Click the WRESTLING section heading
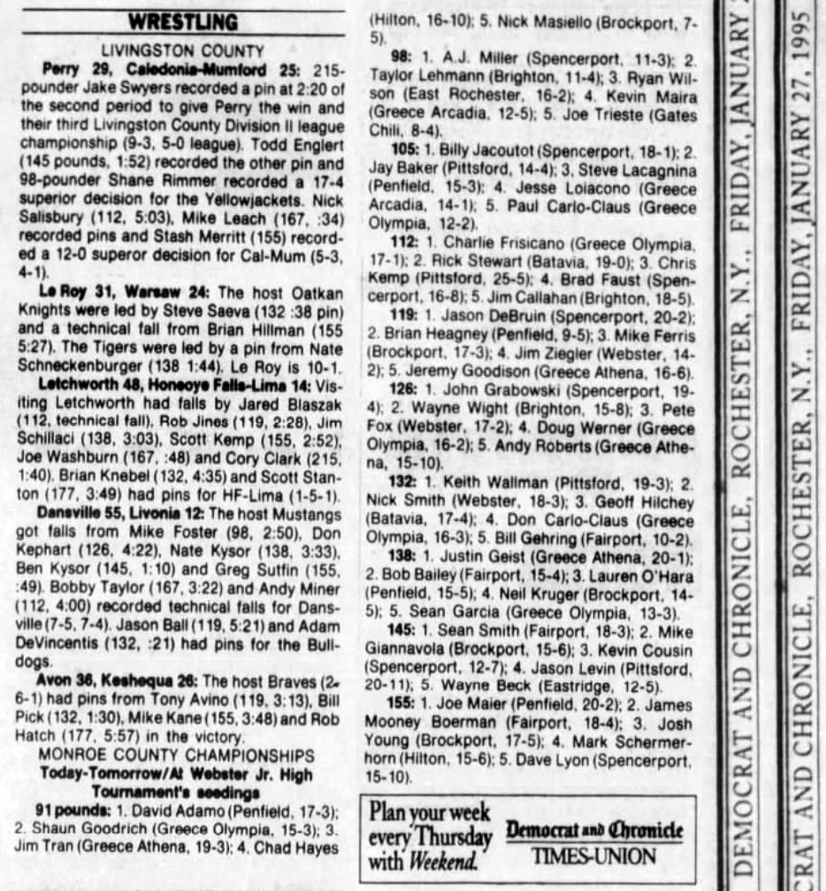[183, 21]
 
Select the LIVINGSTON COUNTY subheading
[183, 50]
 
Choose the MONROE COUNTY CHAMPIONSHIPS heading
[182, 754]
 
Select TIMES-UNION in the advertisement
[595, 856]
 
